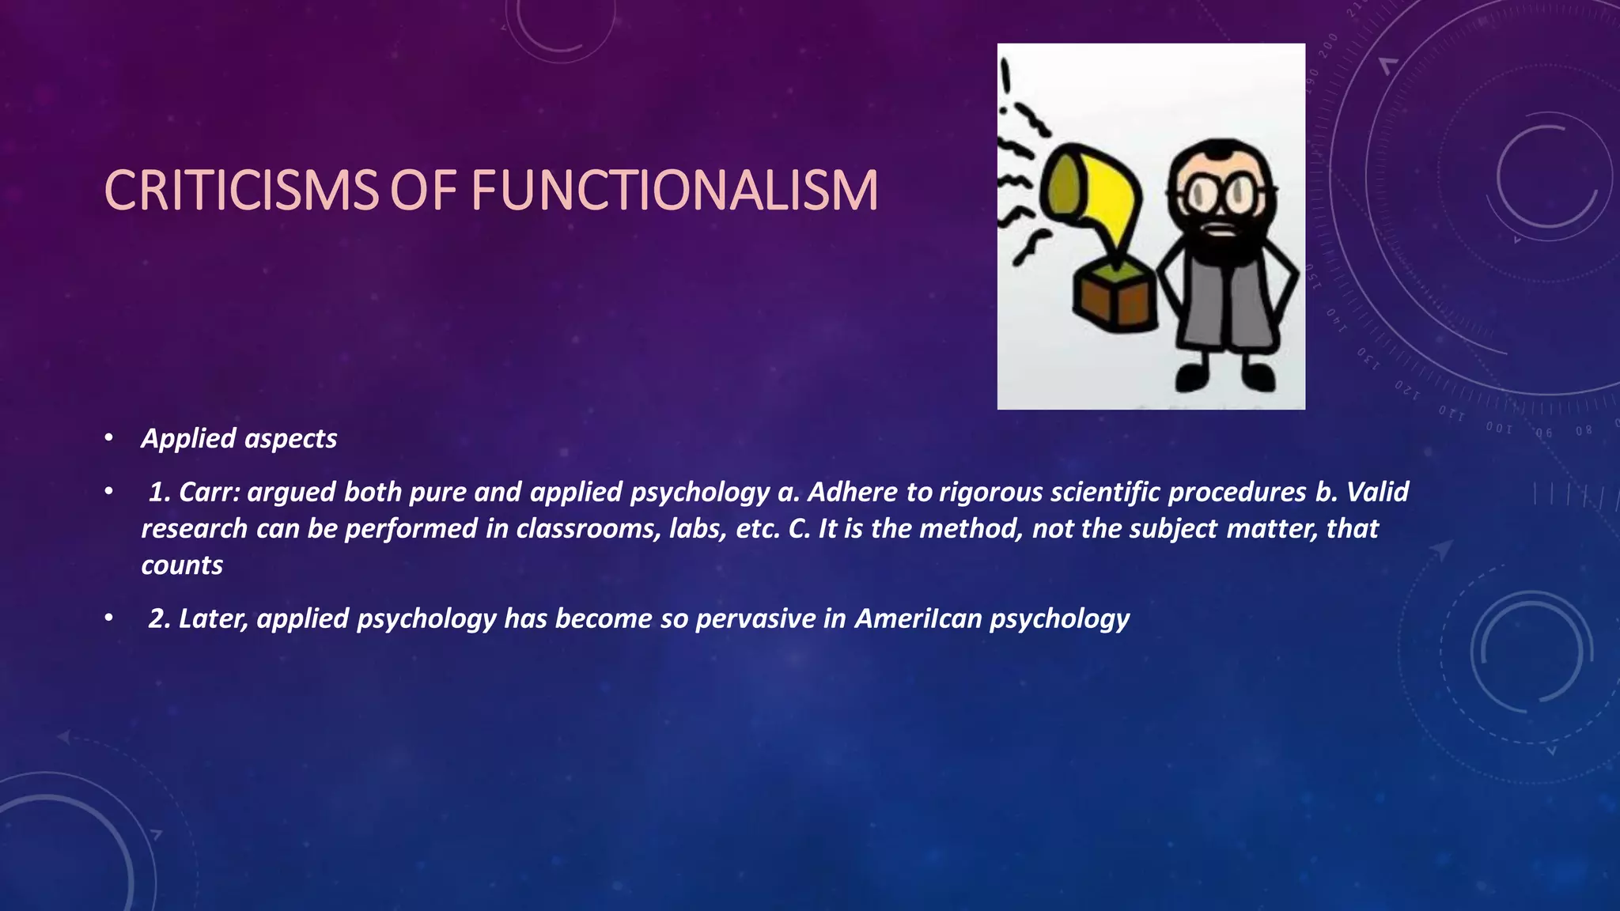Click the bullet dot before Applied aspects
click(x=109, y=438)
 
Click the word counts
click(x=182, y=565)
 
